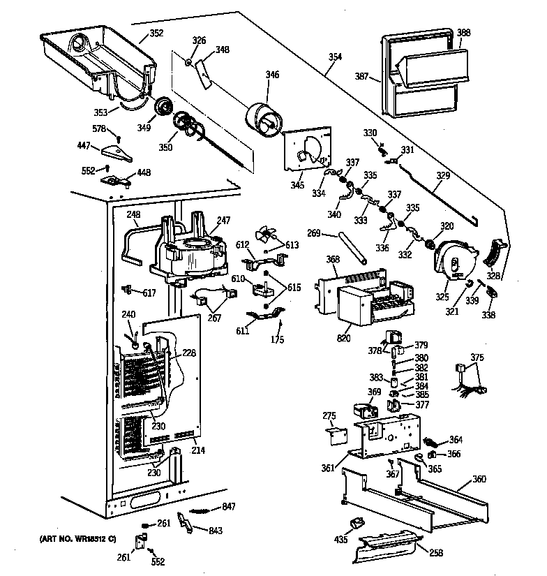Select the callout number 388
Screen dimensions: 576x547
point(463,32)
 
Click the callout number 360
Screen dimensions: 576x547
point(479,479)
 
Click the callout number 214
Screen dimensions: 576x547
point(198,450)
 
